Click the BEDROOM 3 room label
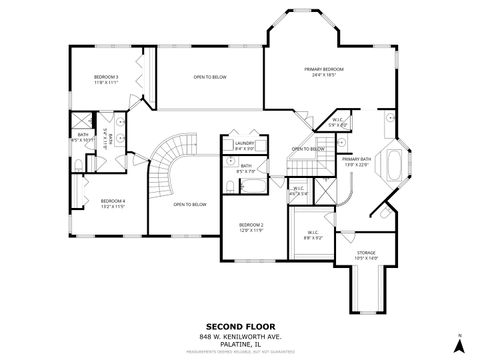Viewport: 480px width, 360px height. (106, 77)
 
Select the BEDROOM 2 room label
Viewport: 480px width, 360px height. (251, 225)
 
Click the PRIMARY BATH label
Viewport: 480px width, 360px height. (355, 159)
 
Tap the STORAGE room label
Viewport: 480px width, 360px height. (368, 253)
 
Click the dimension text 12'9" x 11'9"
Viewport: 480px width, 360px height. (251, 230)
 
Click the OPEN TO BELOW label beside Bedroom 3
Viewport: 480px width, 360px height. (209, 76)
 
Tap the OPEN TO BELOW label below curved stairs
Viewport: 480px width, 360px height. (189, 204)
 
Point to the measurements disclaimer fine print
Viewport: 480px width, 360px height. (239, 353)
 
